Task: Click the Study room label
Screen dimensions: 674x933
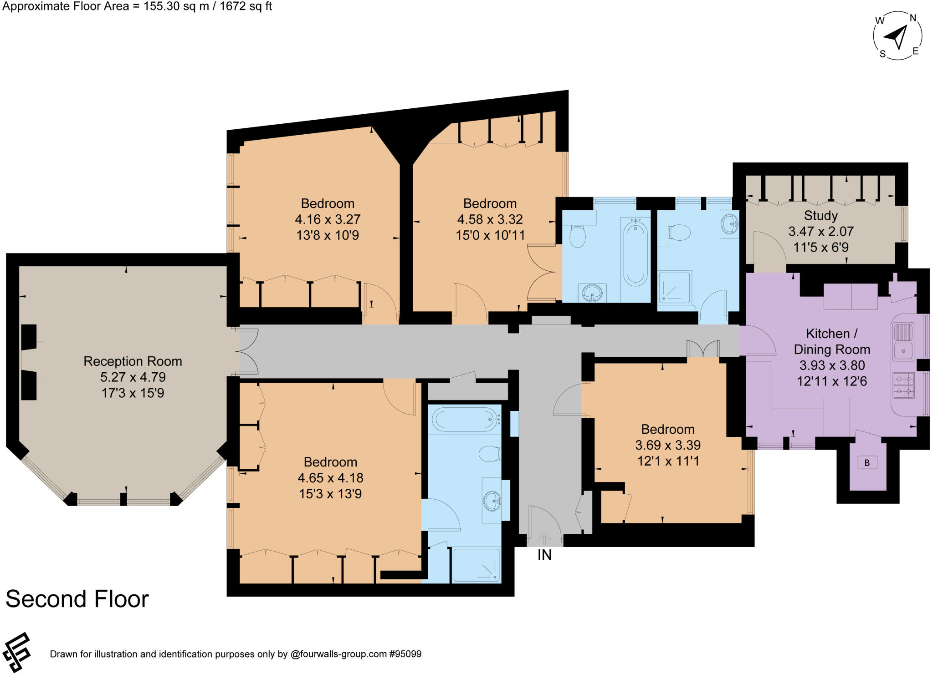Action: pos(820,216)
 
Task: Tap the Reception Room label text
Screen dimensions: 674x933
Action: pos(133,361)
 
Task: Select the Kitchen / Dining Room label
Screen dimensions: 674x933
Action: pos(832,341)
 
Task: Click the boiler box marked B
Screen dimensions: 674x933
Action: pos(867,463)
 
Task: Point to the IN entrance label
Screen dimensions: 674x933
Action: pos(544,555)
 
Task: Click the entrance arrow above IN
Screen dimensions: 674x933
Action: pos(544,538)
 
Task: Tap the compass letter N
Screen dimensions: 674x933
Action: pos(912,18)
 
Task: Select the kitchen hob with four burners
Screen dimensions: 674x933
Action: pos(903,385)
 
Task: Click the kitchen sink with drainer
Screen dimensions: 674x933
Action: pos(903,341)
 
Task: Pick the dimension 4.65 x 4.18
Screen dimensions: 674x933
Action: pos(330,478)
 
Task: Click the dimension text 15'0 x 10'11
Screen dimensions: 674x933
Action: pos(490,235)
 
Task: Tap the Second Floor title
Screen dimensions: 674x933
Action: pos(77,599)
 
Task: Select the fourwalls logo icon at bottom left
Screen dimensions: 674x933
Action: pos(16,652)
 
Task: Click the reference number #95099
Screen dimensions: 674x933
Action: pos(405,654)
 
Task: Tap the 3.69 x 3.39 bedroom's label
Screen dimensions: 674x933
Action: pos(668,429)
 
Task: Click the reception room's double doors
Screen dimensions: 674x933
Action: pos(247,352)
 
